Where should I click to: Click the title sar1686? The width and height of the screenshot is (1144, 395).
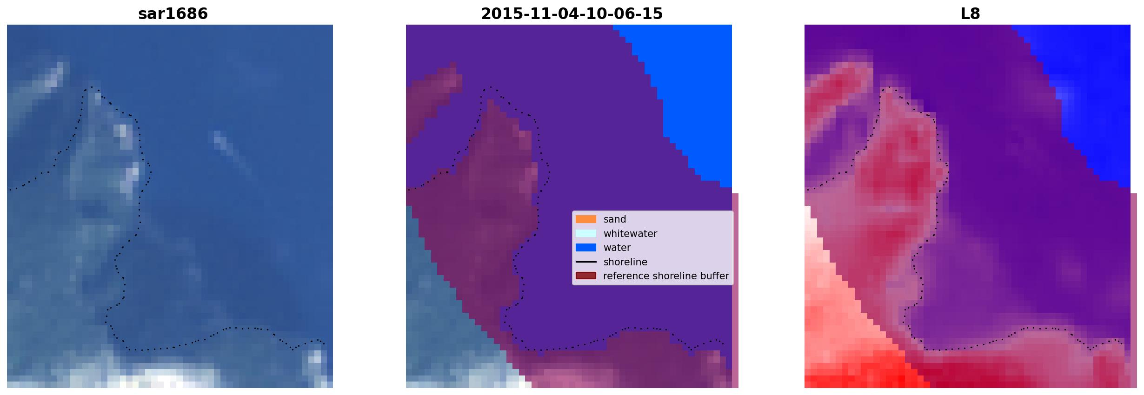[173, 13]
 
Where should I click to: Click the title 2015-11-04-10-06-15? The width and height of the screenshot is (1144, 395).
[572, 13]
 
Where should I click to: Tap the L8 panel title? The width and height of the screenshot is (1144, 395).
[970, 13]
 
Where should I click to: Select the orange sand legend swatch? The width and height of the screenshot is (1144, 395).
[585, 219]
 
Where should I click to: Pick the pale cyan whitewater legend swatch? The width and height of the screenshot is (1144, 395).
[585, 233]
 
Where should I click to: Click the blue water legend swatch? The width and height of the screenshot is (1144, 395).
[585, 247]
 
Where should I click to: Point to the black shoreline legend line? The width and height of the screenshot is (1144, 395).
[585, 262]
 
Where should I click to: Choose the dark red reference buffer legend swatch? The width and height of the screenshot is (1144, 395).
[585, 276]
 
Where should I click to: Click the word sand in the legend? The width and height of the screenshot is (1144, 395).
[615, 219]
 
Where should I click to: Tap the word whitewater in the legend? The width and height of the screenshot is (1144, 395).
[630, 233]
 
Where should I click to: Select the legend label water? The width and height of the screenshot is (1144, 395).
[617, 248]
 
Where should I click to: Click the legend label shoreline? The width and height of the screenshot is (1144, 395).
[625, 262]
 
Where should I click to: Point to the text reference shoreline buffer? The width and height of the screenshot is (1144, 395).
[666, 276]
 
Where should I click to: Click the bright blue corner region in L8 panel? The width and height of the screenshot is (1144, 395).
[1088, 84]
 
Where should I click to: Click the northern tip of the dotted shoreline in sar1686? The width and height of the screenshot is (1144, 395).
[92, 87]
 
